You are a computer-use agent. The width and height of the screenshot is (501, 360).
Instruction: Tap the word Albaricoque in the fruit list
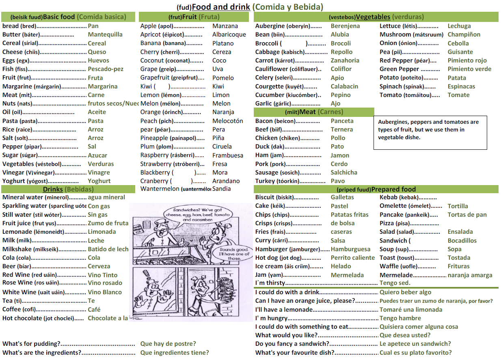click(229, 34)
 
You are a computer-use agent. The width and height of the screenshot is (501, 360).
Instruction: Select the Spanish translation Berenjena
click(345, 26)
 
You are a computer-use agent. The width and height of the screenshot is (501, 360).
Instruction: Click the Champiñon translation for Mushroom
click(464, 34)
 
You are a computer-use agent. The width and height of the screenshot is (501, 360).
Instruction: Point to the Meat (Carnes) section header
click(314, 112)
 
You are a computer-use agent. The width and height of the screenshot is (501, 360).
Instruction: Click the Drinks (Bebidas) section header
click(68, 189)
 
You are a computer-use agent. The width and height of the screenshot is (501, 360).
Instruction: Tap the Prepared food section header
click(376, 189)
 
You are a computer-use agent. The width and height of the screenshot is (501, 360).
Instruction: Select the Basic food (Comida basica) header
click(68, 17)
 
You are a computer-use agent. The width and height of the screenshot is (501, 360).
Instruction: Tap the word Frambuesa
click(228, 155)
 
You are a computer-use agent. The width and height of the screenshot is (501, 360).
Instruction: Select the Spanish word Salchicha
click(344, 172)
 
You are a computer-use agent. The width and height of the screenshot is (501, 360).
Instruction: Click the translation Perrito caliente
click(352, 258)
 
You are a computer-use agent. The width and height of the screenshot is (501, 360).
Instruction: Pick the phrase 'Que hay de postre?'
click(168, 344)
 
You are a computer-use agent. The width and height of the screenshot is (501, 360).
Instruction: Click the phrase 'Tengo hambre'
click(400, 318)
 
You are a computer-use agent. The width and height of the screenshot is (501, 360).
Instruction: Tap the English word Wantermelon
click(160, 189)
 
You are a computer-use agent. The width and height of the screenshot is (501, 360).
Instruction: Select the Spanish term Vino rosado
click(105, 283)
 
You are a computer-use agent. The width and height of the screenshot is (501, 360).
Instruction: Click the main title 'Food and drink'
click(221, 6)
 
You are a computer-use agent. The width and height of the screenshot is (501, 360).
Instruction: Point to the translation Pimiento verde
click(469, 69)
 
